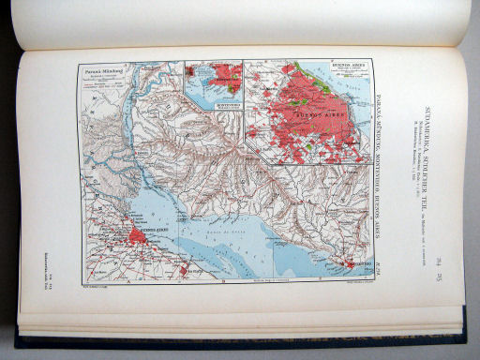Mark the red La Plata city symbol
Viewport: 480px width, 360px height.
(x=184, y=270)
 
